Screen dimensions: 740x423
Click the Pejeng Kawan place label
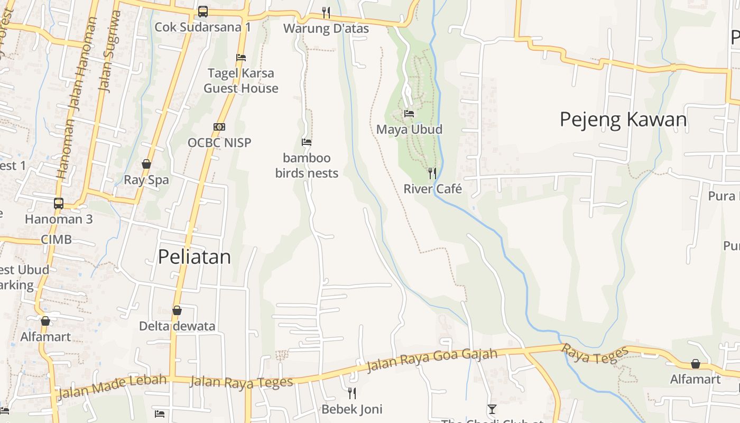click(623, 119)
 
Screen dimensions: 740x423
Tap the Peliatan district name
click(195, 257)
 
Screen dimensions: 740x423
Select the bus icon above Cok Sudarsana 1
click(203, 11)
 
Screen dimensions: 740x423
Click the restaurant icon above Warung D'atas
click(326, 12)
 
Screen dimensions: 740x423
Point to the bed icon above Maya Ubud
click(409, 113)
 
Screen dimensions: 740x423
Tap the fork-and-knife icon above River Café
click(432, 173)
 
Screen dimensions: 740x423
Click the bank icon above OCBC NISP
click(219, 127)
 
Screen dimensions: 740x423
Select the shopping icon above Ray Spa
click(146, 164)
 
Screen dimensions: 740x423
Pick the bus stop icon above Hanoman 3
click(59, 203)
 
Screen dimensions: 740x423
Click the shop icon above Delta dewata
click(177, 310)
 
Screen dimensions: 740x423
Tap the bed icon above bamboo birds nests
click(307, 142)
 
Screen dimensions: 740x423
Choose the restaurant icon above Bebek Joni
click(352, 393)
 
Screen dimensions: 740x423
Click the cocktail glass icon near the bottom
click(492, 409)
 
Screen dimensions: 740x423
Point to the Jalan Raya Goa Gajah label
click(432, 360)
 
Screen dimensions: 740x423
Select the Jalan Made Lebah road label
click(112, 387)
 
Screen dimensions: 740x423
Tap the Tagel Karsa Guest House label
click(241, 80)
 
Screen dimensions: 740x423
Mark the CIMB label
click(56, 240)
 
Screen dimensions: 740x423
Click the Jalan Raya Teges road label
click(241, 382)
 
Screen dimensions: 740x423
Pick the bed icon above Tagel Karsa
click(241, 57)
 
